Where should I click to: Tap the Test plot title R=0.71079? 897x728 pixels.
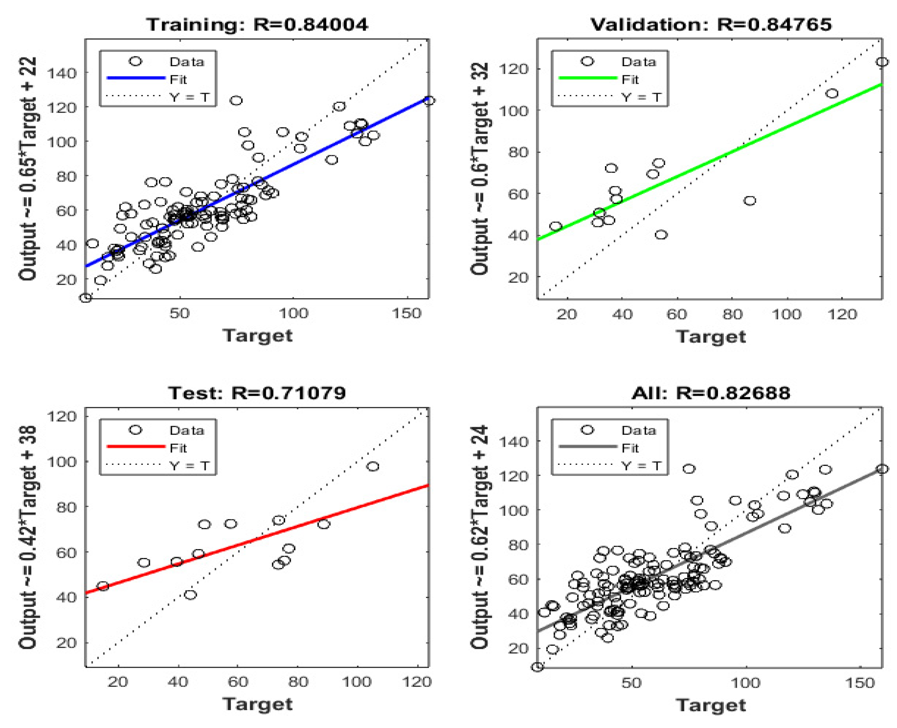257,393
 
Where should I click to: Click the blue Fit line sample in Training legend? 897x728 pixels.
136,78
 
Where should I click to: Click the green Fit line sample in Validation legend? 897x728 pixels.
588,78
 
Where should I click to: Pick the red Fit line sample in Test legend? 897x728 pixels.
136,447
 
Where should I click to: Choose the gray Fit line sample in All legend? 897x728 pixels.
588,447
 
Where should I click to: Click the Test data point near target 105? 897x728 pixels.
373,466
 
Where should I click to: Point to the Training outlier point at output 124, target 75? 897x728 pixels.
236,100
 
